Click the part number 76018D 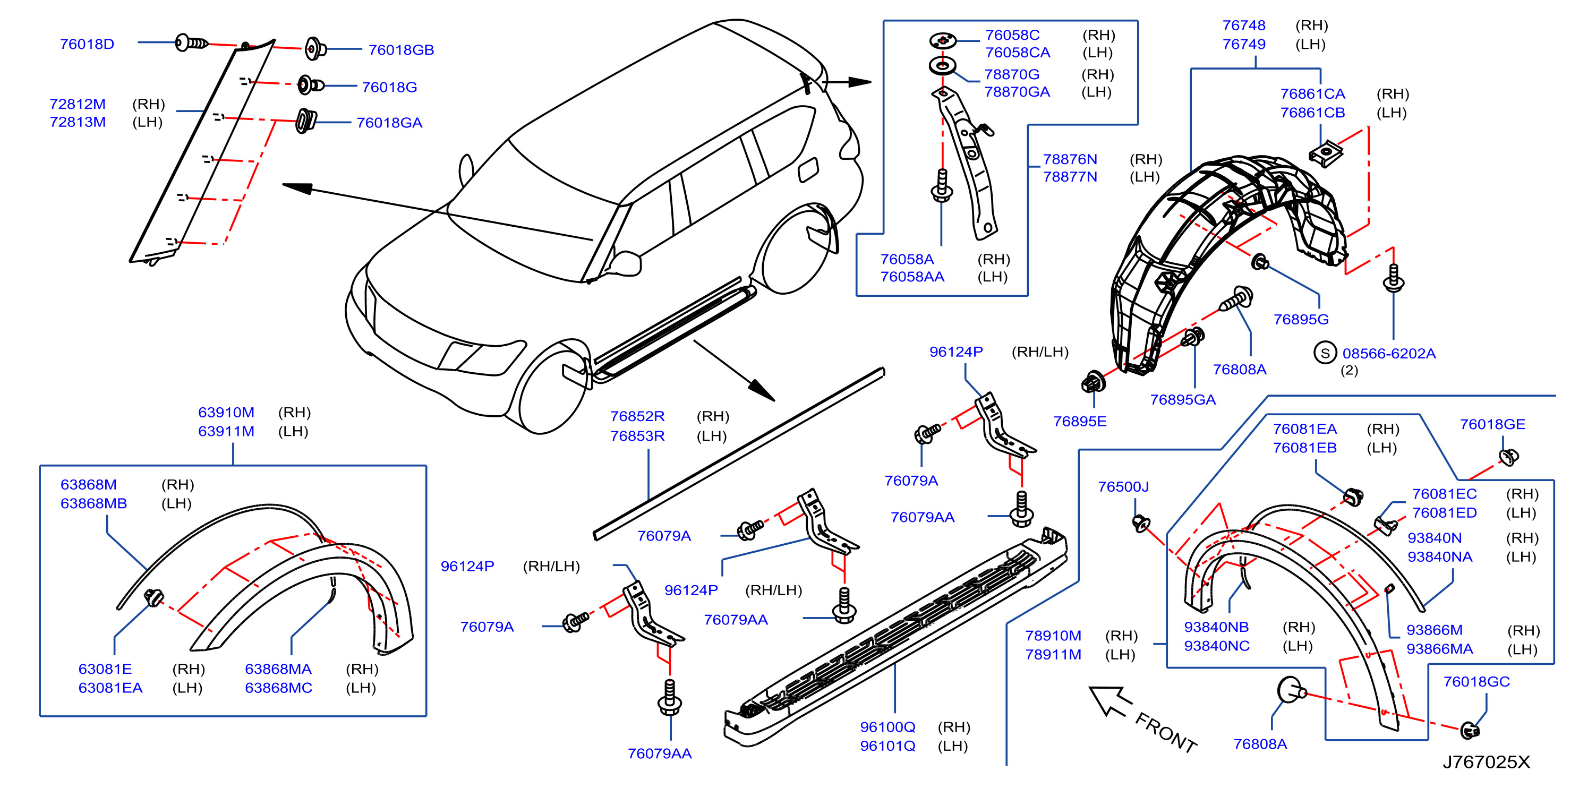pos(87,44)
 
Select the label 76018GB pos(401,49)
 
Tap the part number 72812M pos(78,104)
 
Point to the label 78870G pos(1012,74)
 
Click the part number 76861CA pos(1312,93)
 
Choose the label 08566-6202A pos(1388,353)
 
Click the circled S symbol pos(1325,353)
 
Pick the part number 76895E pos(1079,421)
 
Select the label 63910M pos(226,412)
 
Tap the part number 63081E pos(105,669)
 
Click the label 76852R pos(637,416)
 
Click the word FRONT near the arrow pos(1165,733)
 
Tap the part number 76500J pos(1123,486)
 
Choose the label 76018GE pos(1492,424)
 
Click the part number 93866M pos(1433,629)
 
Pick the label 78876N pos(1069,159)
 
